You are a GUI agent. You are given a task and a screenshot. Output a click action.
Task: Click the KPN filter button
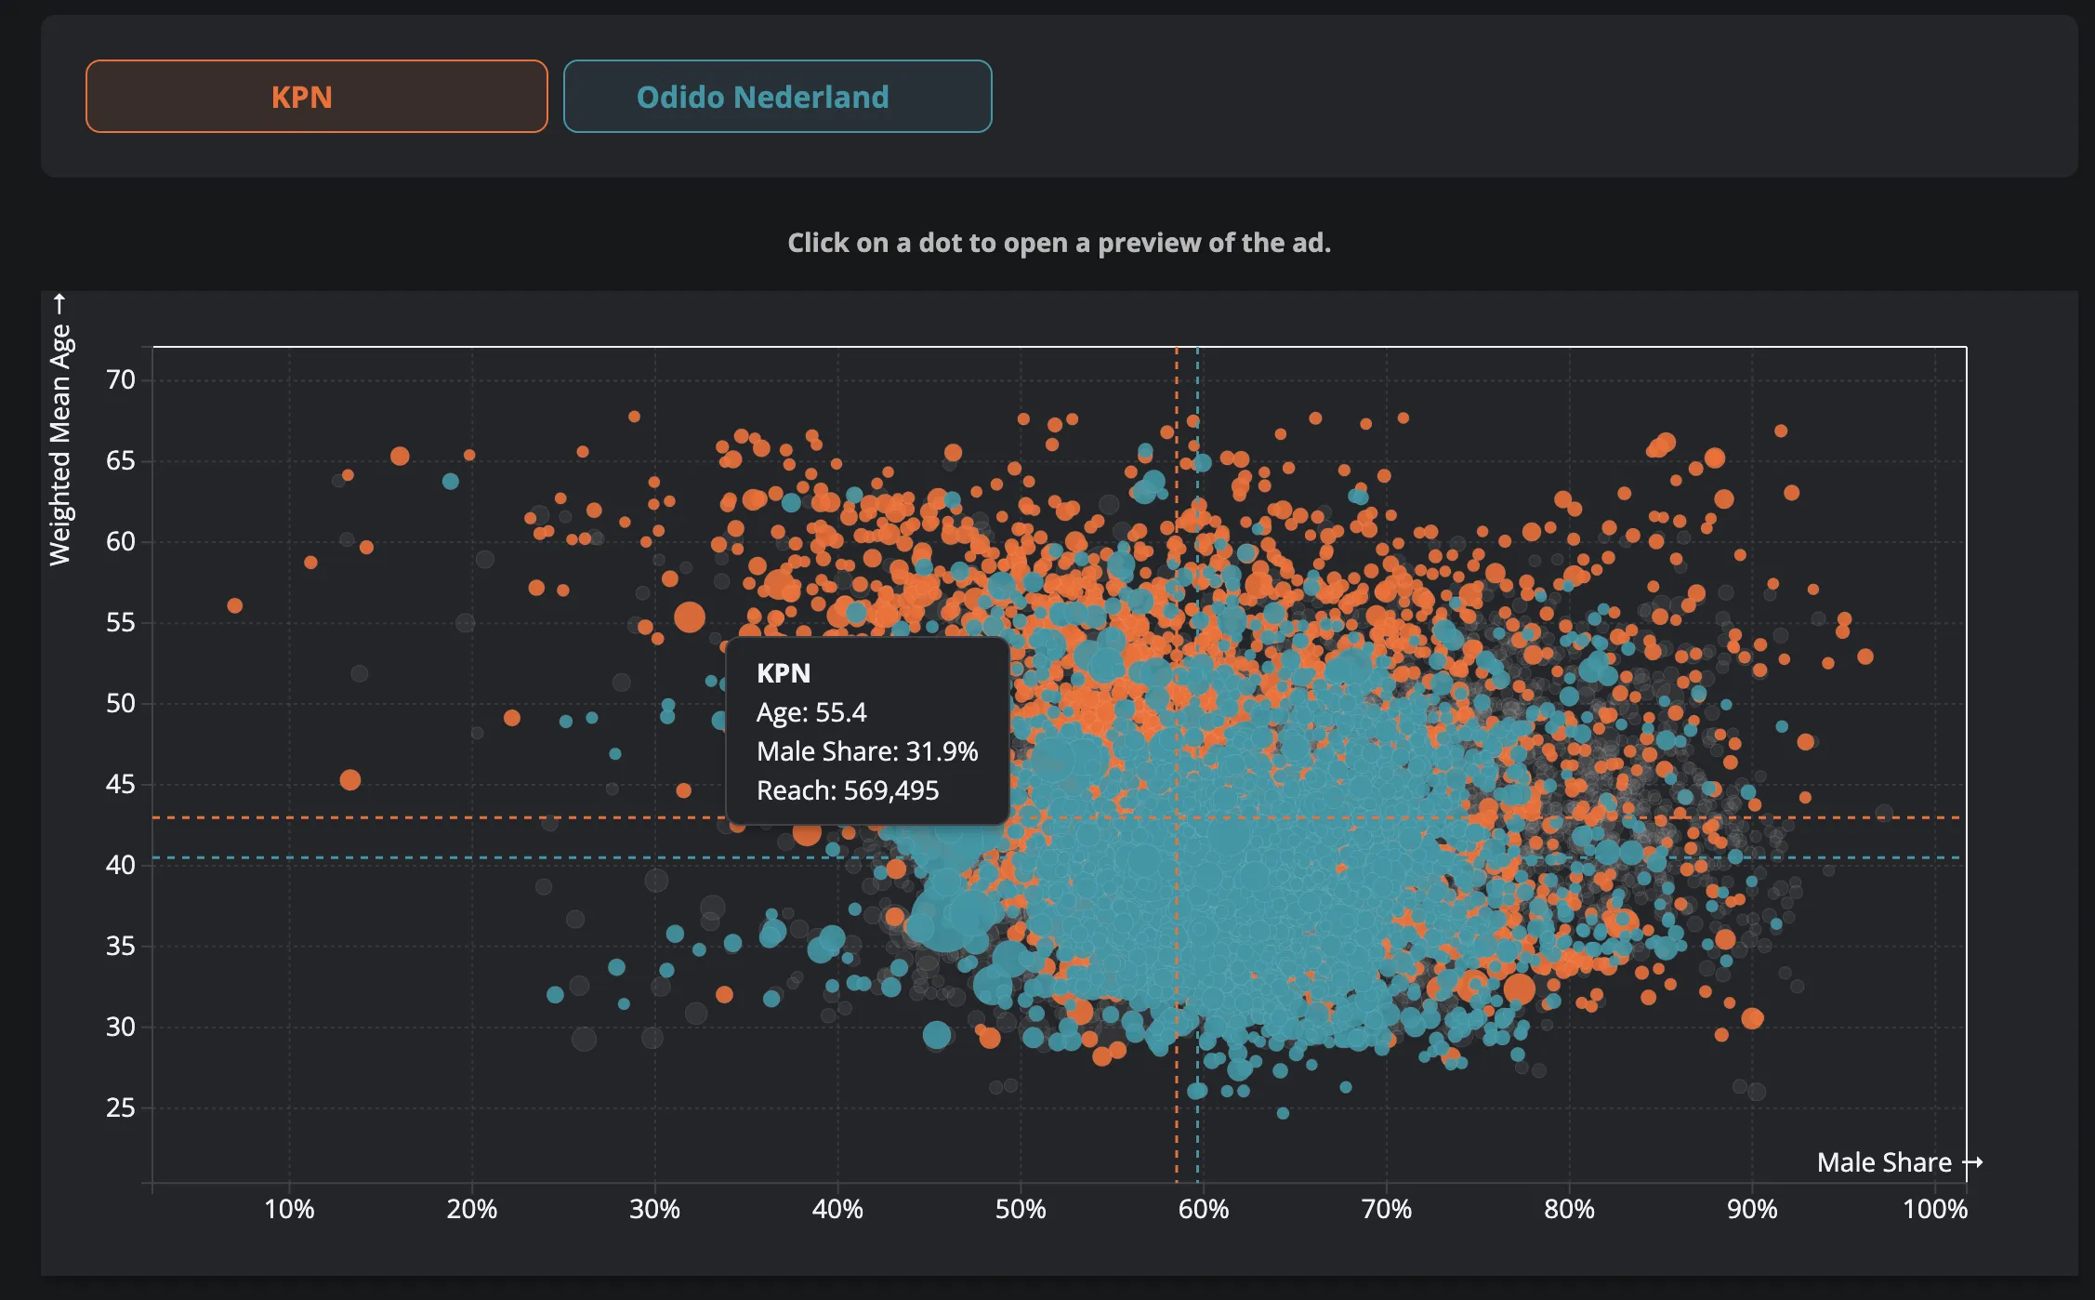[316, 97]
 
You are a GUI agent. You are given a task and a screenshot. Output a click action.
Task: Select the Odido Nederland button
[777, 97]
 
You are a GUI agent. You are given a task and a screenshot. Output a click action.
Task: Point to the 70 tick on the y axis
[121, 379]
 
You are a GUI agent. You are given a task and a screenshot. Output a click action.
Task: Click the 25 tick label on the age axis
[121, 1108]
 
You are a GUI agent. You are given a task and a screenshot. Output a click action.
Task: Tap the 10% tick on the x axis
[289, 1209]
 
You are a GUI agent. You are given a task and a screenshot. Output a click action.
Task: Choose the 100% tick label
[1934, 1209]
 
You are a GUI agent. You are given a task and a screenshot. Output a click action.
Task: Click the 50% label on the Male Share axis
[1021, 1209]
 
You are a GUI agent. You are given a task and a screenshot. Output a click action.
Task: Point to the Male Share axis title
[1884, 1162]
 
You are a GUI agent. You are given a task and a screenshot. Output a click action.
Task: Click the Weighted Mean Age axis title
[60, 444]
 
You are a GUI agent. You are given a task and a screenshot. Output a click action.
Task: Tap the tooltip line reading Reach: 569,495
[848, 790]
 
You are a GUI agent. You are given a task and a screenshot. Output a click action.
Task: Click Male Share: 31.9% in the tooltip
[866, 751]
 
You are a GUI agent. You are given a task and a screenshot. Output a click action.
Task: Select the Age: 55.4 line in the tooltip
[810, 712]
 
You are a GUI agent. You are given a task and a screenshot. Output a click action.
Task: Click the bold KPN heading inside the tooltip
[784, 672]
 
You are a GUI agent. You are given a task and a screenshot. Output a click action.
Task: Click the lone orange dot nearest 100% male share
[1864, 657]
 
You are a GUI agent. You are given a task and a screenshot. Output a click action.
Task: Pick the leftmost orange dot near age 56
[235, 605]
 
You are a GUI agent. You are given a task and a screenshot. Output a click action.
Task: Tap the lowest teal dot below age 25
[1283, 1113]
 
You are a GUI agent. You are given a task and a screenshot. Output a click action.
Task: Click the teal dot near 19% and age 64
[451, 481]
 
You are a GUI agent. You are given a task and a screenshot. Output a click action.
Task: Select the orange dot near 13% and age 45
[350, 780]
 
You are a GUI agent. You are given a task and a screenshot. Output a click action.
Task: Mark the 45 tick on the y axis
[121, 784]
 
